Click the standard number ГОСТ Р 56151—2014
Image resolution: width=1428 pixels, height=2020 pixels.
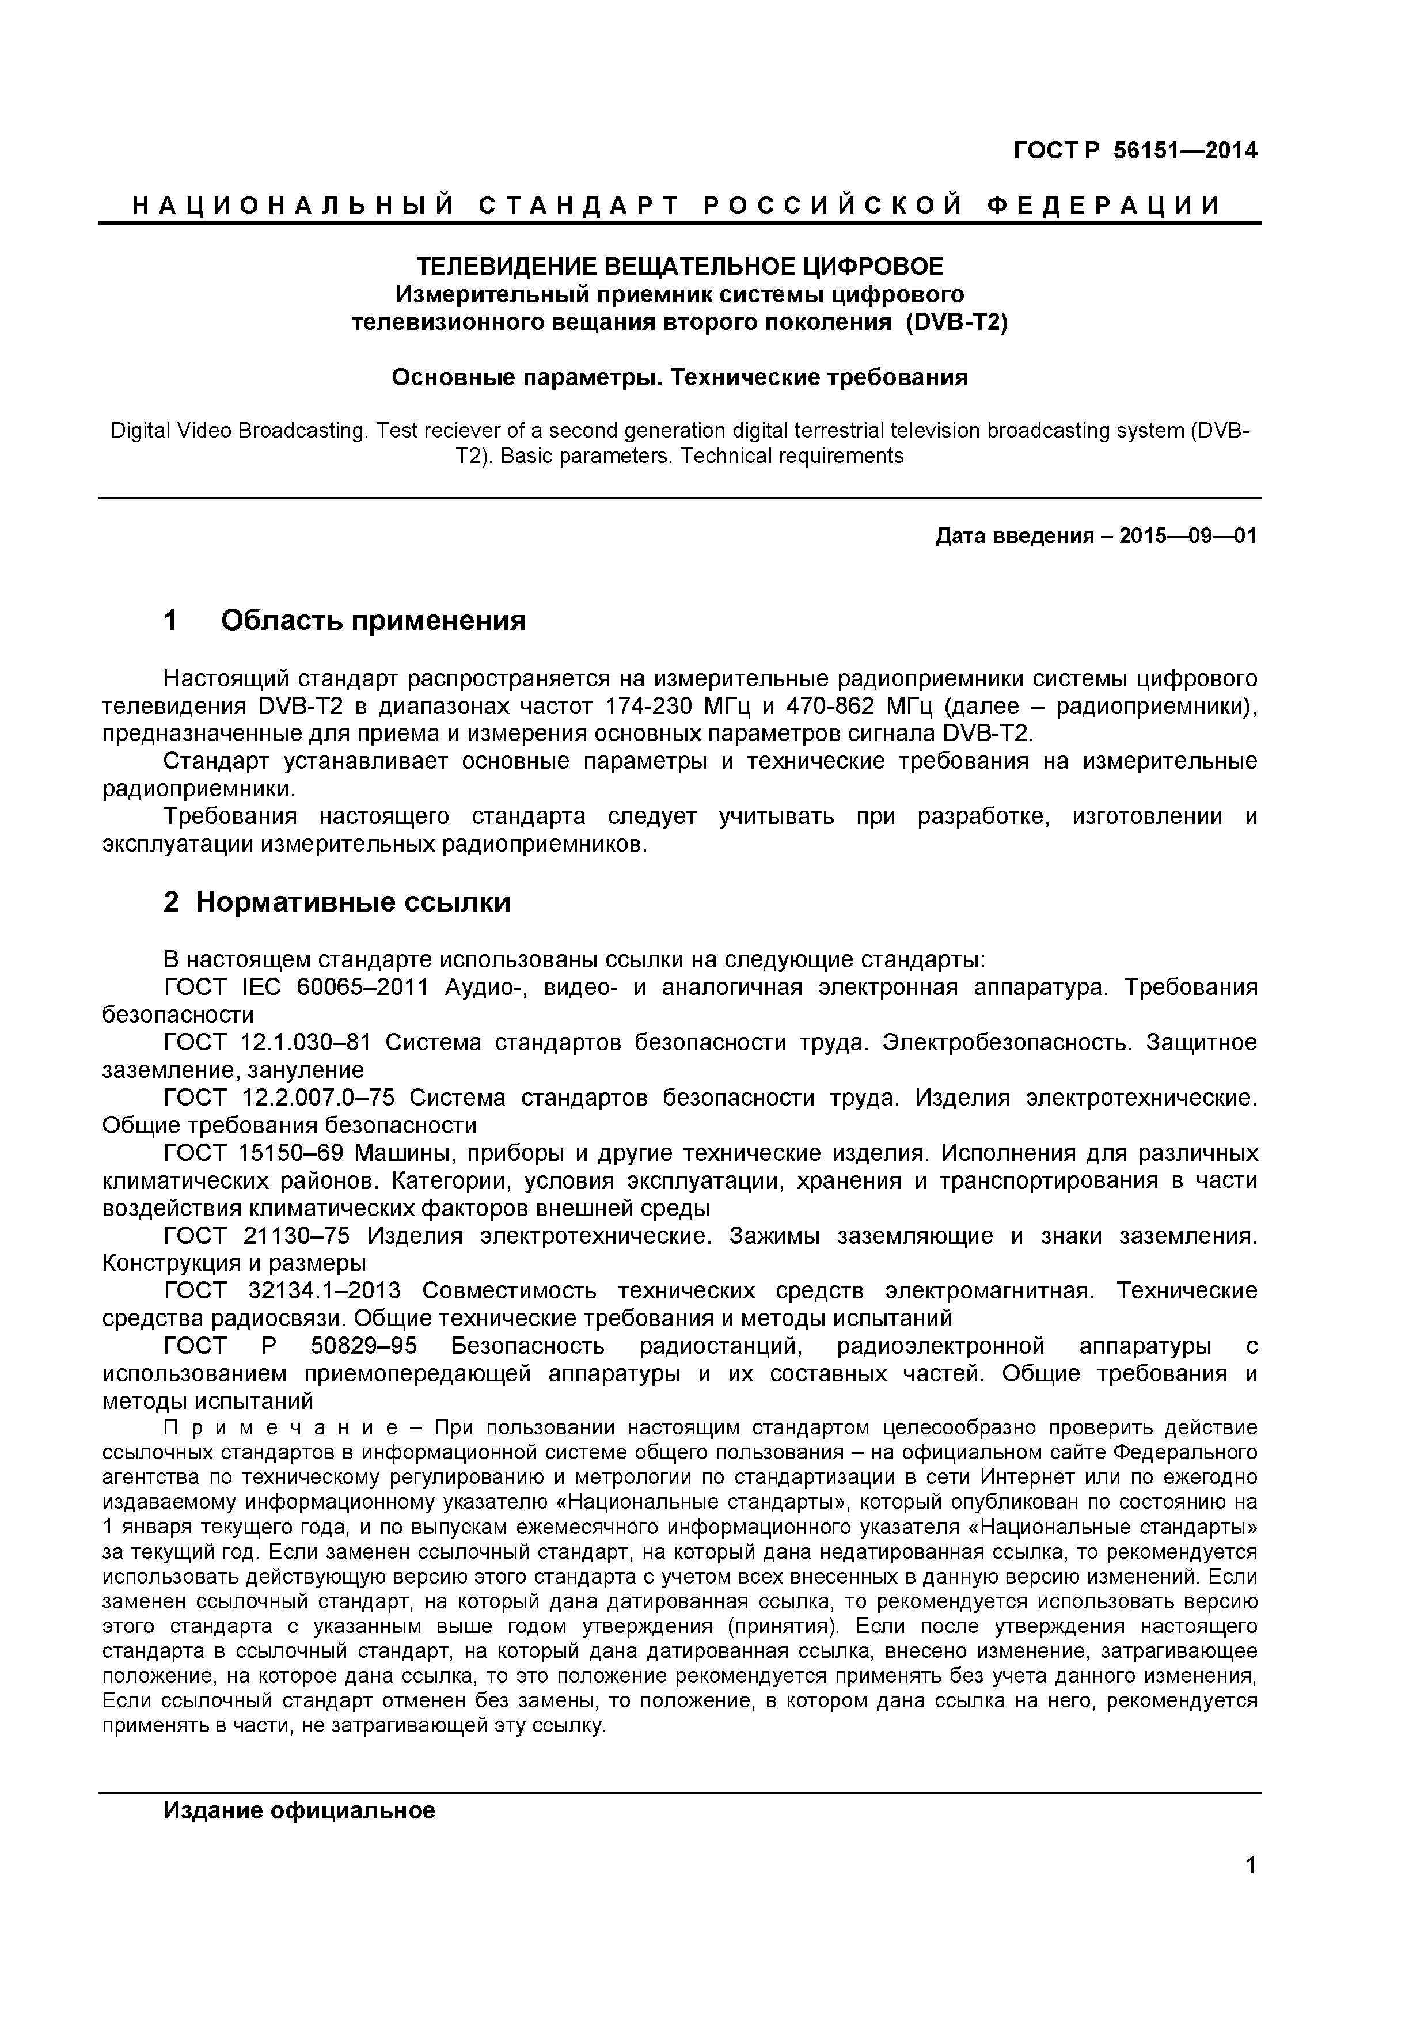(1135, 151)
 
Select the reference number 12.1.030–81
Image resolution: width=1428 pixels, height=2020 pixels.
(305, 1043)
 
